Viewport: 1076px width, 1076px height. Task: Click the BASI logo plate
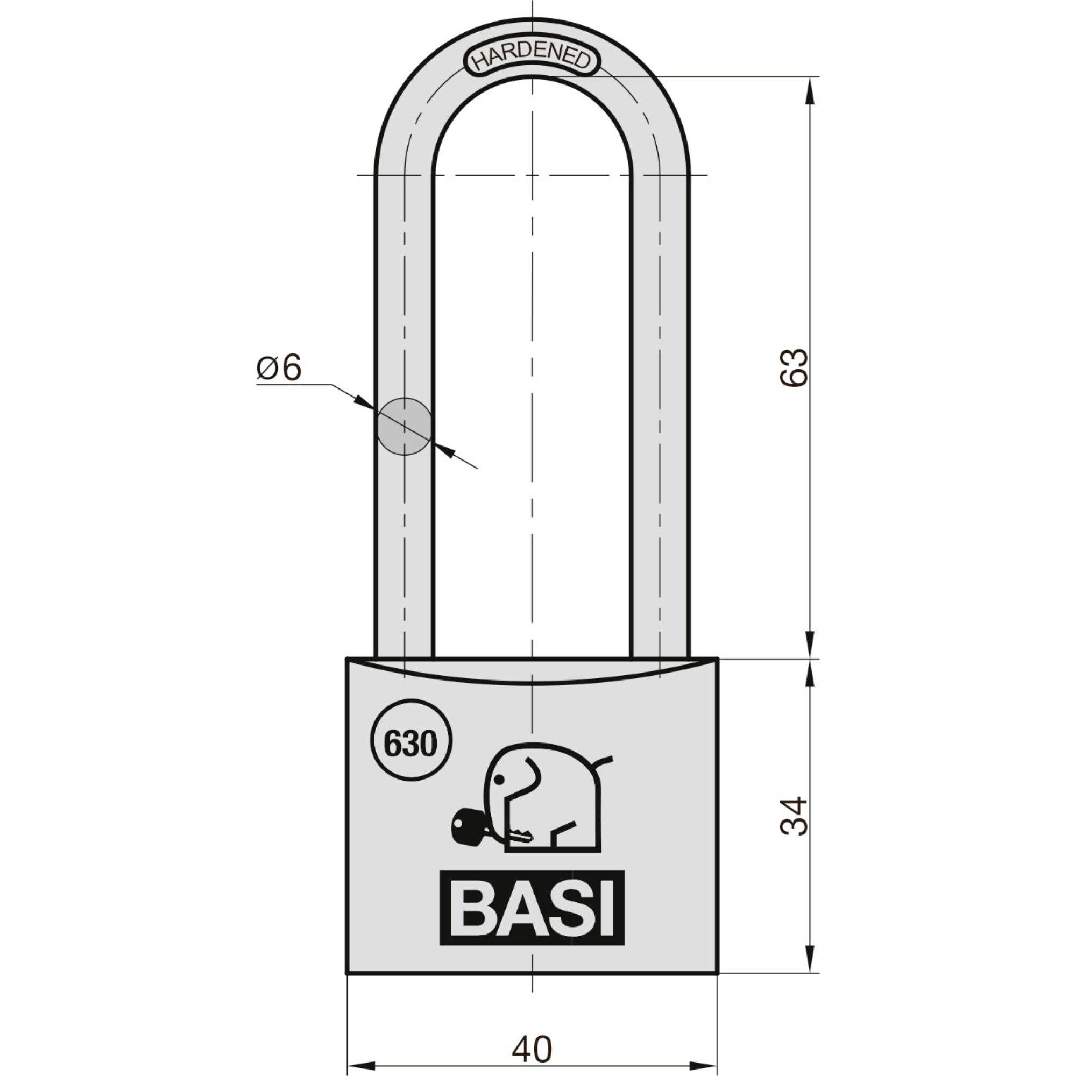pyautogui.click(x=532, y=908)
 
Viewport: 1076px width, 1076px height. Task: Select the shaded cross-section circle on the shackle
pyautogui.click(x=405, y=426)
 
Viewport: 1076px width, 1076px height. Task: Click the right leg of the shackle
pyautogui.click(x=661, y=390)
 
